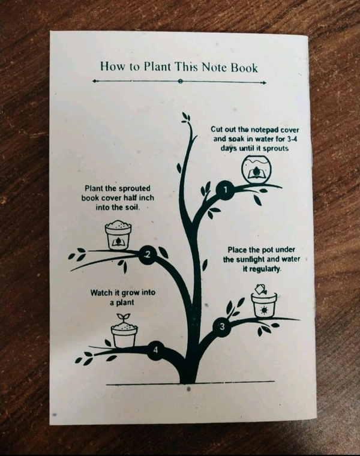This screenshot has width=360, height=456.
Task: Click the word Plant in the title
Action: coord(157,67)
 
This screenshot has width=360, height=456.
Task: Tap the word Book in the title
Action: coord(244,68)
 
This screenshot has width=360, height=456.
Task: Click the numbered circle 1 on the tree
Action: coord(225,190)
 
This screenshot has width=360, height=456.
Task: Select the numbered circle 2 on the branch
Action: coord(148,255)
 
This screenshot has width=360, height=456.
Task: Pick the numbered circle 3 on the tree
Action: coord(222,328)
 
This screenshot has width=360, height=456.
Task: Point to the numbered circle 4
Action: coord(156,350)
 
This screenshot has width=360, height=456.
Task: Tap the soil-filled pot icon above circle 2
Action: coord(118,235)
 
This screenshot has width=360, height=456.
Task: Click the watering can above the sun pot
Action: coord(261,289)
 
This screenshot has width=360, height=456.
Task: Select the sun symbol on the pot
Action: coord(264,310)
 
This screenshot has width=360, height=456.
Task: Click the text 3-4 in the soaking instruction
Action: coord(291,139)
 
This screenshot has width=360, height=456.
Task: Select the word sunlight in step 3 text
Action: coord(251,259)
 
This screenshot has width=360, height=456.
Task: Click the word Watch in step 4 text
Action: coord(102,293)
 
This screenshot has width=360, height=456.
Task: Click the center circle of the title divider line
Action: coord(180,81)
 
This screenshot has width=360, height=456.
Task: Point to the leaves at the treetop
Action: coord(185,118)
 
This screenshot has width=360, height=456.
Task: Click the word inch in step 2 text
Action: coord(146,198)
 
